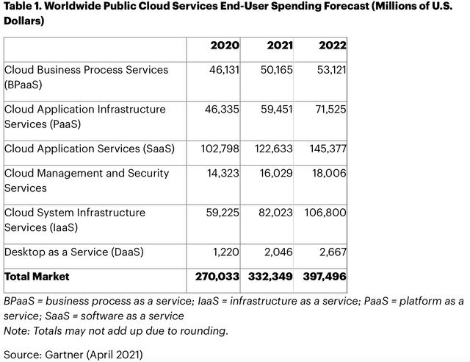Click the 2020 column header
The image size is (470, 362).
click(x=225, y=46)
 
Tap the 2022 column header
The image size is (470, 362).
click(x=332, y=46)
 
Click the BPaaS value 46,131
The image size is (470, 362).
click(x=224, y=70)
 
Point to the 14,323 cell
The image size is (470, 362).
click(x=224, y=174)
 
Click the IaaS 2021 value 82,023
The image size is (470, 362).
click(x=276, y=213)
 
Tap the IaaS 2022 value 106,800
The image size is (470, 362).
click(x=327, y=213)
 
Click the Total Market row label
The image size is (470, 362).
click(x=37, y=277)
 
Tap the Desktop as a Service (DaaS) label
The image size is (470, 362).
click(x=74, y=252)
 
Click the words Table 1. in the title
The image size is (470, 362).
click(x=24, y=8)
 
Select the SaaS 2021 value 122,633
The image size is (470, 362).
click(x=273, y=149)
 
